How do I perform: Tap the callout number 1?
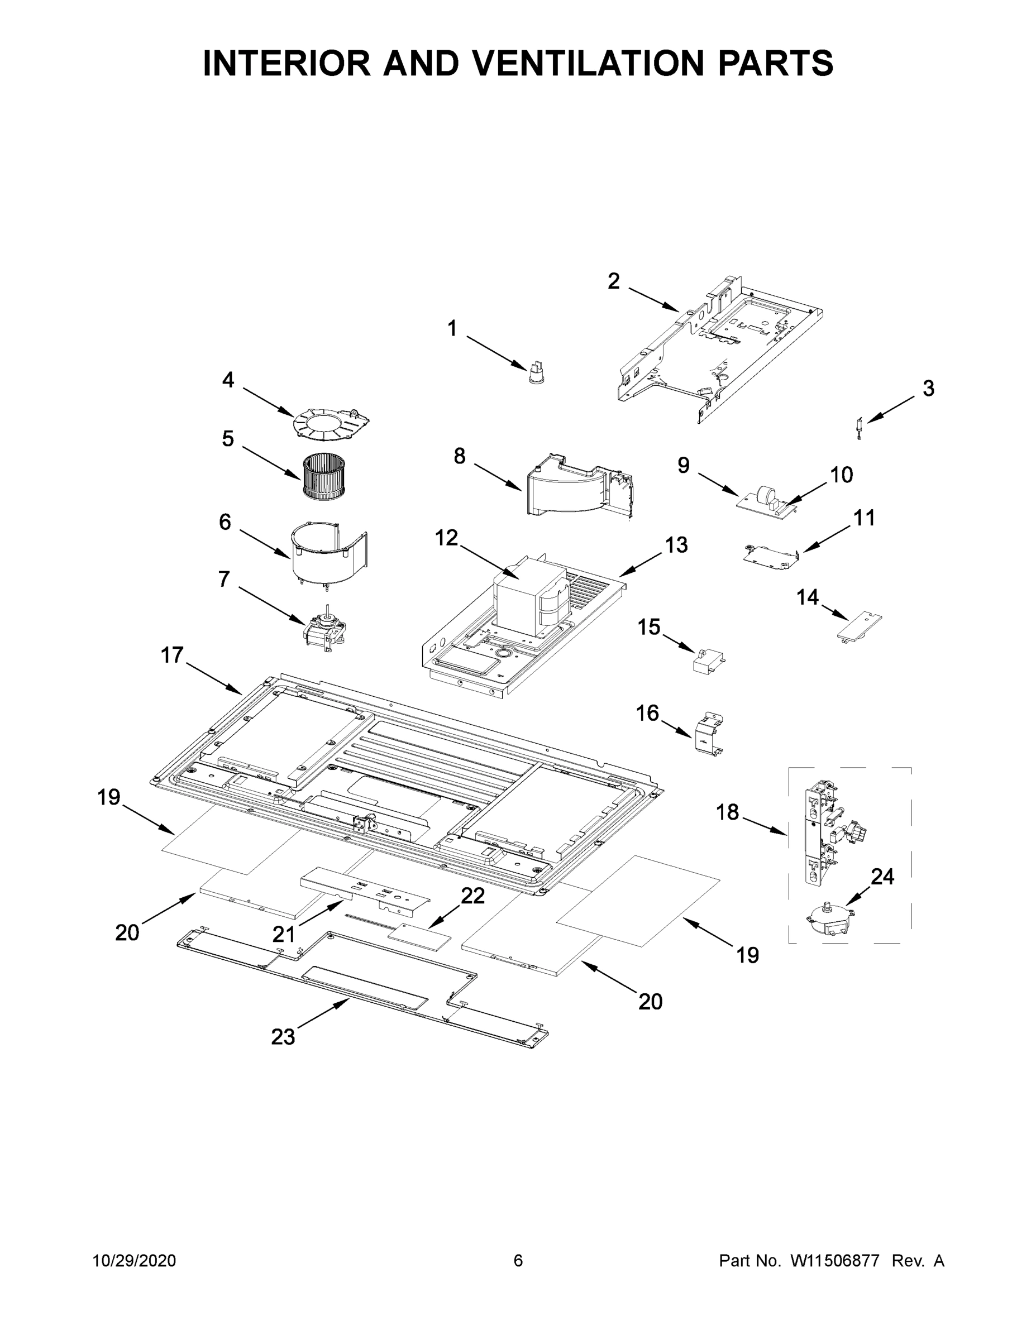click(x=452, y=329)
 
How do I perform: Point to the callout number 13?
click(x=676, y=545)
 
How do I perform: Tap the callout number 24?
click(x=882, y=877)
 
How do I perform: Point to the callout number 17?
click(x=172, y=655)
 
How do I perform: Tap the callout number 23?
click(x=283, y=1037)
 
